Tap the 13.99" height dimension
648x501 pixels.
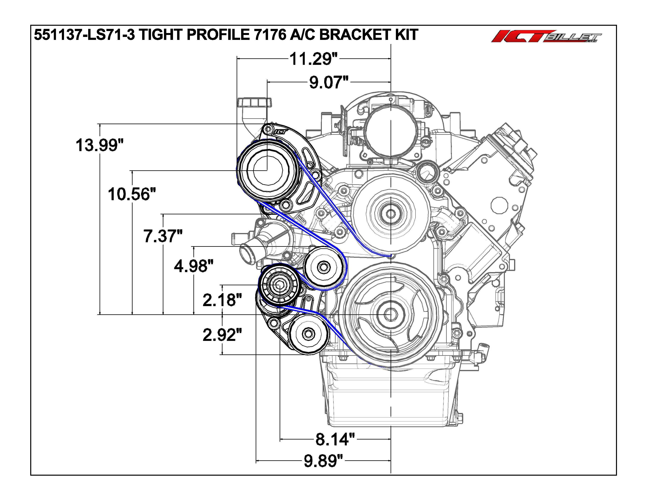[x=99, y=145]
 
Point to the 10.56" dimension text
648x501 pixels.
[x=132, y=194]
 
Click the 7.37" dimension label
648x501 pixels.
[x=163, y=236]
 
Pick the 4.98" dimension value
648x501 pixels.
[x=194, y=266]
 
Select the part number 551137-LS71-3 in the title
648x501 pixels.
[x=85, y=35]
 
